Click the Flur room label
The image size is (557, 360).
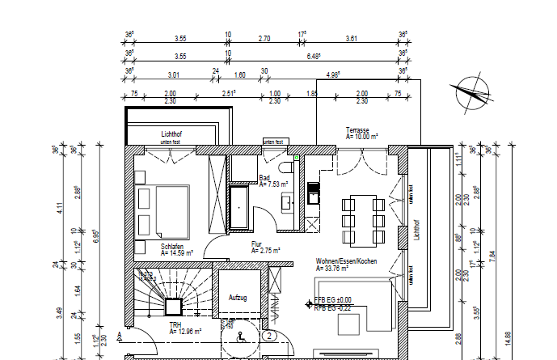pos(257,243)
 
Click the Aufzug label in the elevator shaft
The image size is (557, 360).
pos(238,298)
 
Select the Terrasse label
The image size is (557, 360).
pos(357,130)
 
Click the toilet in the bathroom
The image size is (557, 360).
pos(285,167)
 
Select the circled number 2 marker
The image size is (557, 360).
pos(269,334)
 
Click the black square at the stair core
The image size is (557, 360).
pos(172,307)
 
